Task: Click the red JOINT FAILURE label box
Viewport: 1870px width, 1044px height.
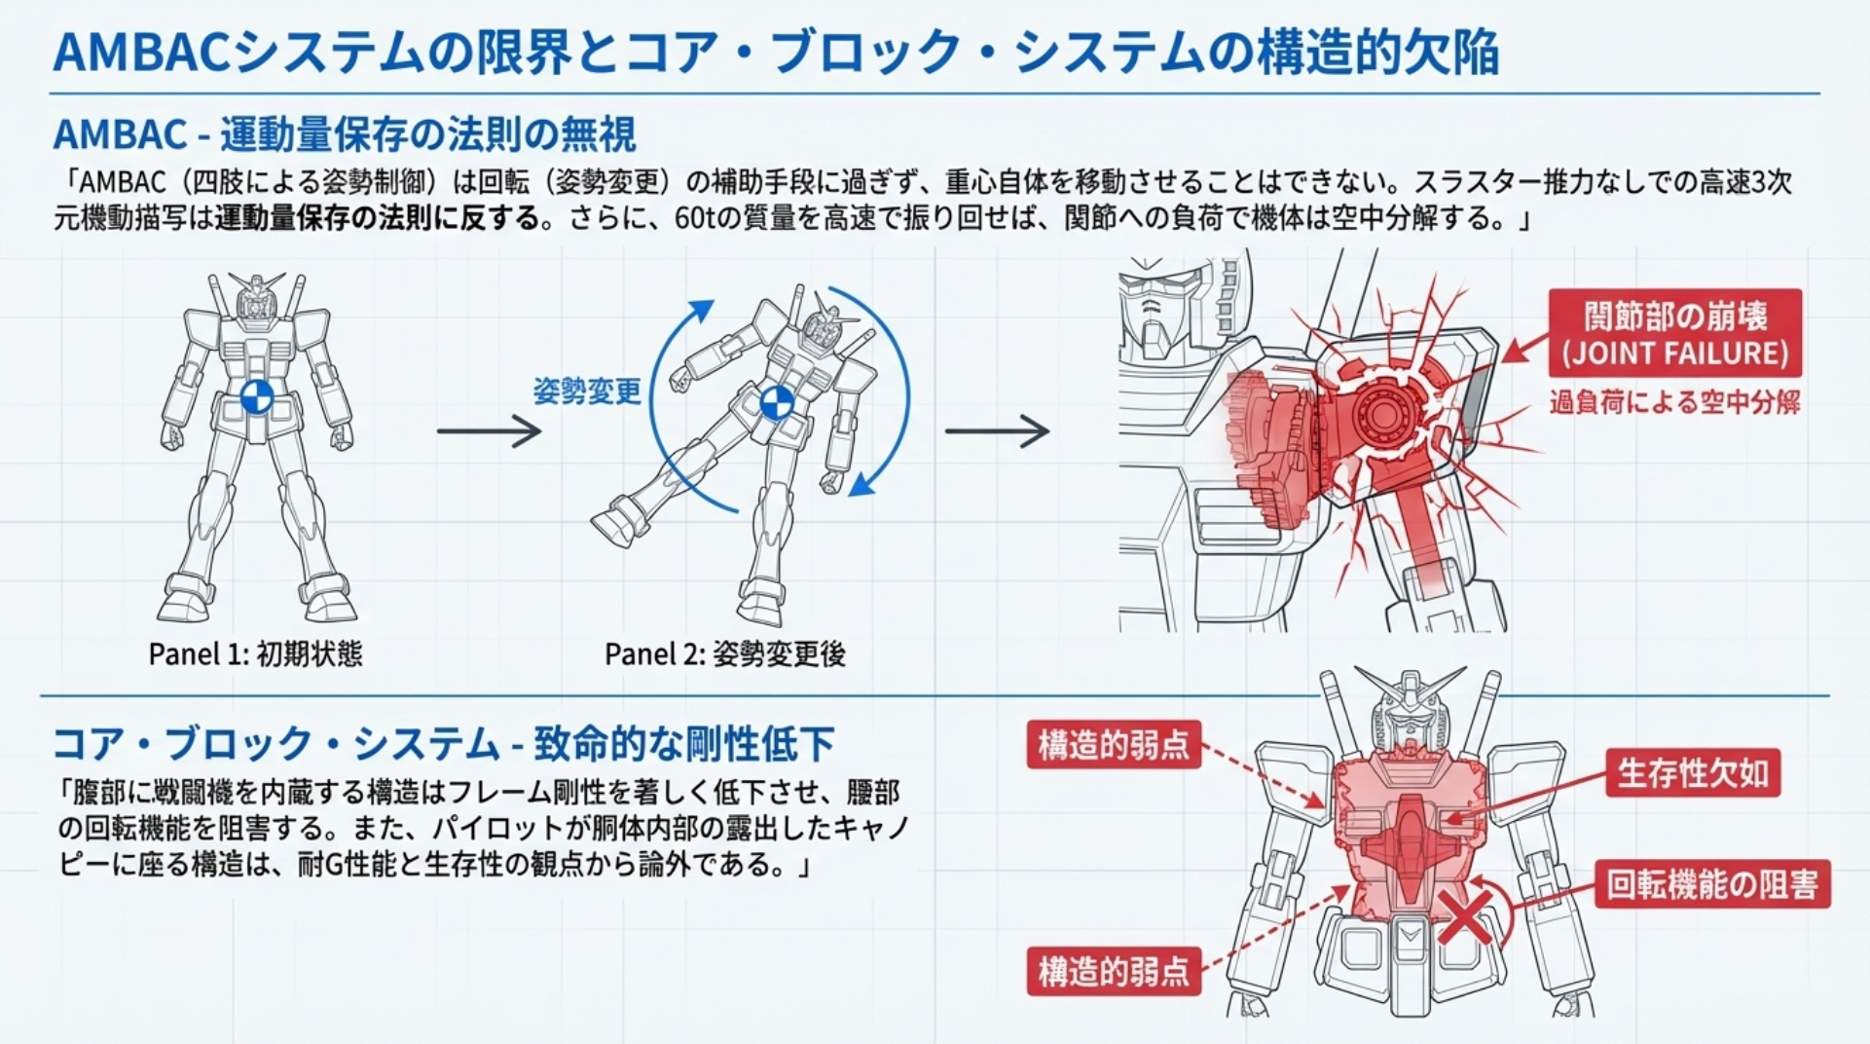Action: (1674, 333)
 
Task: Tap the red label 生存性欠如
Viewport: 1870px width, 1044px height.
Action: (1692, 773)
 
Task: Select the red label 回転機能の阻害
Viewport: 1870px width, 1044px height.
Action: (1711, 884)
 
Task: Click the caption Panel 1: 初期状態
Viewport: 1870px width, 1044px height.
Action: (255, 653)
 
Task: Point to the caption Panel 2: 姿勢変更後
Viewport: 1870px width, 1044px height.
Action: (724, 653)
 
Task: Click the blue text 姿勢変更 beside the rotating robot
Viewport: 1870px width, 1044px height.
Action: (587, 391)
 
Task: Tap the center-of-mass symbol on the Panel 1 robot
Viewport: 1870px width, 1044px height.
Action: (257, 397)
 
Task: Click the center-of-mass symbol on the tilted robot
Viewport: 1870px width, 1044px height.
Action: (777, 402)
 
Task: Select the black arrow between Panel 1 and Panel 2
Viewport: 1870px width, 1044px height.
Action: (489, 430)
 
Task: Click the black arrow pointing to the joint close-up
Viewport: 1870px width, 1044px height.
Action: (997, 430)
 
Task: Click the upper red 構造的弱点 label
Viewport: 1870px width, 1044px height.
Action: (1114, 745)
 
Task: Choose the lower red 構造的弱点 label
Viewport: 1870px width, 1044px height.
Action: (1114, 971)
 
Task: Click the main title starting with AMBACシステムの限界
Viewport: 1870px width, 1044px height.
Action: (775, 53)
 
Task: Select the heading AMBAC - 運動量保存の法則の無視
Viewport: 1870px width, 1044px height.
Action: (345, 134)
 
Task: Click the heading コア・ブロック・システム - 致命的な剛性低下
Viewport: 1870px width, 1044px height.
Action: (443, 744)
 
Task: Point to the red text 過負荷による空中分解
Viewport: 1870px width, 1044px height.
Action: (1674, 401)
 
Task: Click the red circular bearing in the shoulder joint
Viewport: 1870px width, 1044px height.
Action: (1380, 414)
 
